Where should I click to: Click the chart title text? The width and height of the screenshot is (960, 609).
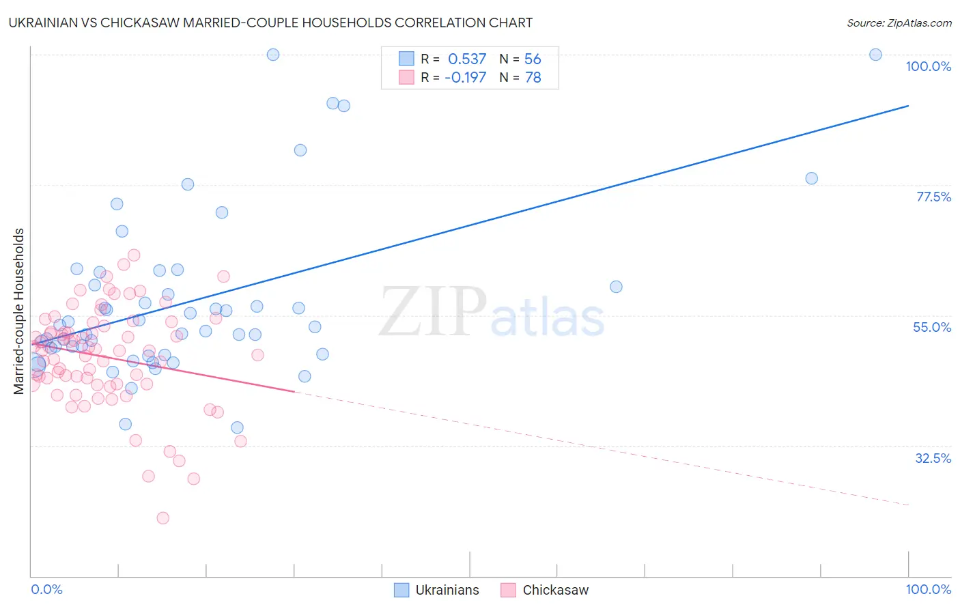pyautogui.click(x=271, y=23)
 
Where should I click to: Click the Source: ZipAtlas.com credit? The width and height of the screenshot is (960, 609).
pyautogui.click(x=899, y=23)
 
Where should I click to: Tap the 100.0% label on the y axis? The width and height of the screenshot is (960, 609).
pyautogui.click(x=928, y=66)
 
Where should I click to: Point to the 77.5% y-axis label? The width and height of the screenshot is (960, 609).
pyautogui.click(x=933, y=197)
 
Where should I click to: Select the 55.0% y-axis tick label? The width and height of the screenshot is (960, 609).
pyautogui.click(x=932, y=327)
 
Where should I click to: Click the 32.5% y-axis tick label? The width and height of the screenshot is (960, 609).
pyautogui.click(x=933, y=458)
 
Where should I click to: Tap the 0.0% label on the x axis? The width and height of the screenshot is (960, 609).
pyautogui.click(x=46, y=589)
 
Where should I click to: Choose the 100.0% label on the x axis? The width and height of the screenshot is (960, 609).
pyautogui.click(x=928, y=589)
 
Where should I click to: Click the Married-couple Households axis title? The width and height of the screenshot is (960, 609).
pyautogui.click(x=19, y=311)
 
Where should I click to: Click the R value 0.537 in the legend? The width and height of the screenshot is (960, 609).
pyautogui.click(x=467, y=59)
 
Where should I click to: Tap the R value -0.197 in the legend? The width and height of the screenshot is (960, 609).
pyautogui.click(x=465, y=78)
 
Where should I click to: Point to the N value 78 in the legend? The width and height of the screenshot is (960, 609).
pyautogui.click(x=533, y=78)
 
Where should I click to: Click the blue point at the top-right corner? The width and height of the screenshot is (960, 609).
pyautogui.click(x=875, y=55)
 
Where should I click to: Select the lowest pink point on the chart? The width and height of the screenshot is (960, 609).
pyautogui.click(x=163, y=518)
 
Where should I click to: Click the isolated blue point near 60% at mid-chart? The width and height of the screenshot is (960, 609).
pyautogui.click(x=616, y=287)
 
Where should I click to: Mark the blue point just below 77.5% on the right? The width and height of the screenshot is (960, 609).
pyautogui.click(x=811, y=178)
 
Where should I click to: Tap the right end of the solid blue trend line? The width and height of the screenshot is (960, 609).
pyautogui.click(x=908, y=106)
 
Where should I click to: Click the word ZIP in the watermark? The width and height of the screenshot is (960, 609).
pyautogui.click(x=433, y=312)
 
